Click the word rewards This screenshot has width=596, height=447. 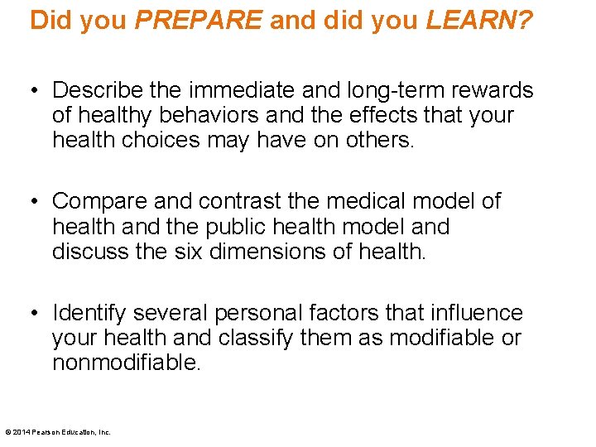pos(494,90)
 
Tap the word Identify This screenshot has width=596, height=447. pos(89,313)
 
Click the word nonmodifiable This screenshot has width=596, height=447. pos(126,363)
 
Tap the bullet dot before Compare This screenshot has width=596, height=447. pos(33,201)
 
